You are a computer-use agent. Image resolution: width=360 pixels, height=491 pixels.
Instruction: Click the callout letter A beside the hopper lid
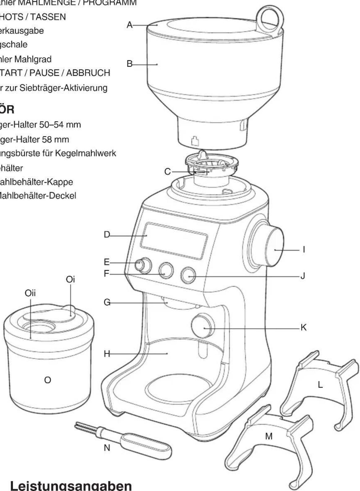pyautogui.click(x=130, y=25)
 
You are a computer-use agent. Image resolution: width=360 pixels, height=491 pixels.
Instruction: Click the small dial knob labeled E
pyautogui.click(x=144, y=265)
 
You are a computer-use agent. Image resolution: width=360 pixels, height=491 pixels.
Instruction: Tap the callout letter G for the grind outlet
pyautogui.click(x=107, y=303)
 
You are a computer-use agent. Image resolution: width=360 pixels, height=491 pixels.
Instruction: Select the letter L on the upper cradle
pyautogui.click(x=320, y=385)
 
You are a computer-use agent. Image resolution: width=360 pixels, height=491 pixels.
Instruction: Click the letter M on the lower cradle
pyautogui.click(x=269, y=436)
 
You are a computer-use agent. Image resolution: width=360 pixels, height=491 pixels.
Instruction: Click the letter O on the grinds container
pyautogui.click(x=47, y=380)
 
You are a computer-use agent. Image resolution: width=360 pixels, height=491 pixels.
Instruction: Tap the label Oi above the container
pyautogui.click(x=70, y=279)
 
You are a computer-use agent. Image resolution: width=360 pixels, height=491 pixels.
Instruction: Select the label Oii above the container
pyautogui.click(x=30, y=293)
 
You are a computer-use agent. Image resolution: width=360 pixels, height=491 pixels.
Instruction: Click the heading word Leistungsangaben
pyautogui.click(x=71, y=485)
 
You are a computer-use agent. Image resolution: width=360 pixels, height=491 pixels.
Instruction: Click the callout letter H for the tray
pyautogui.click(x=107, y=354)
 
